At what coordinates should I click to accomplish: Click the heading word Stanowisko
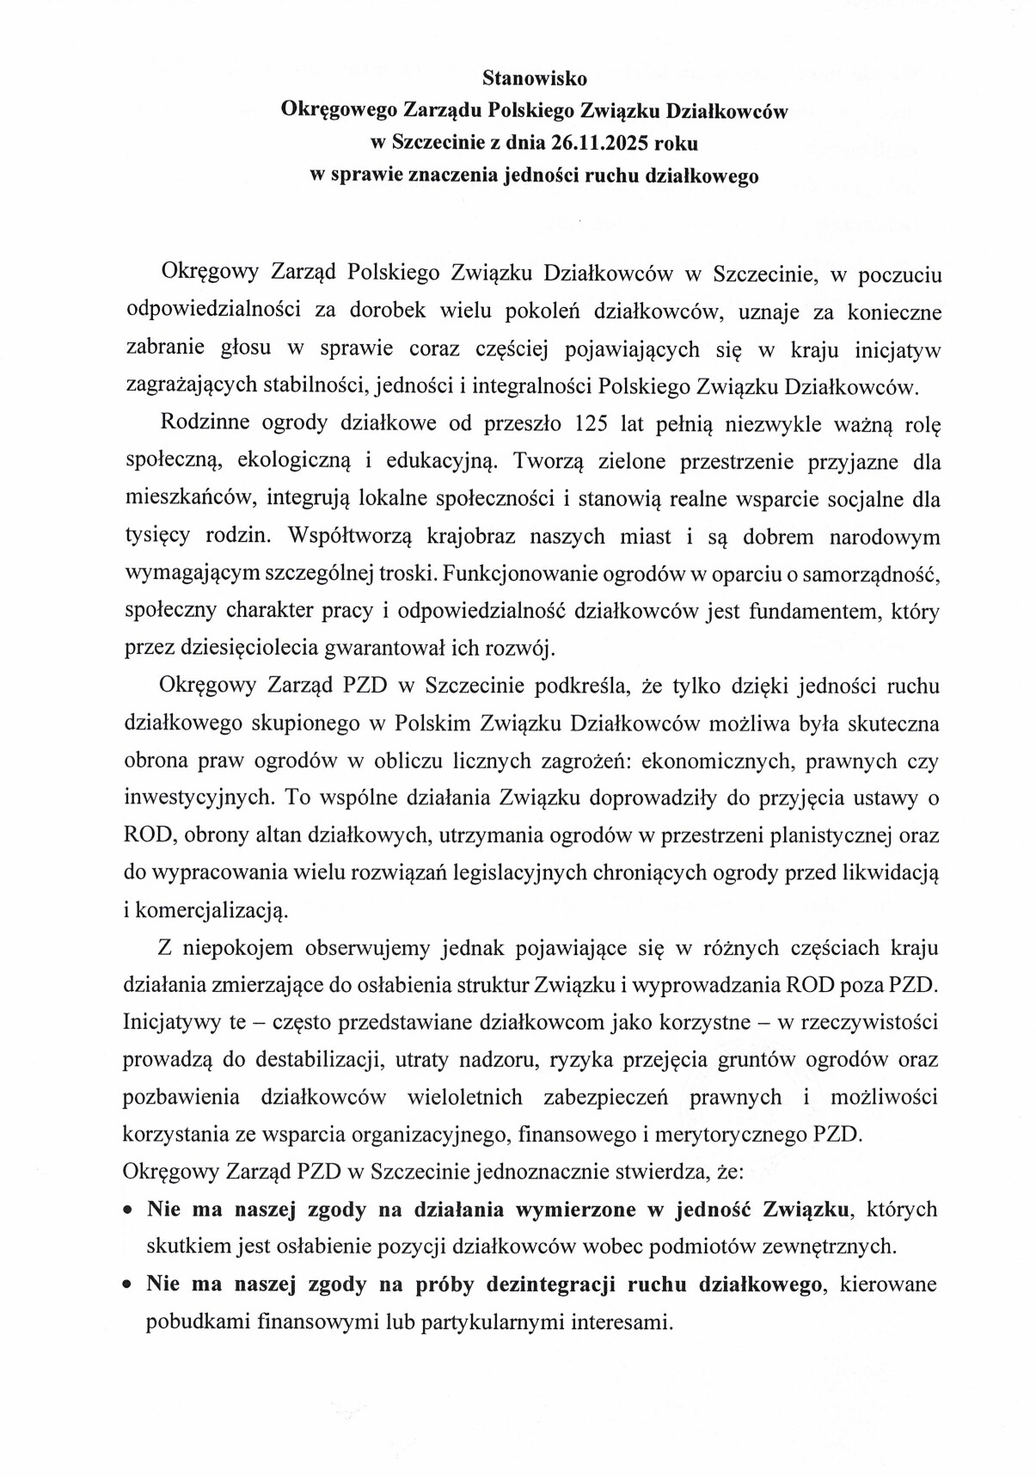[535, 78]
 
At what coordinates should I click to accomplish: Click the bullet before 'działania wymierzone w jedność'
[127, 1210]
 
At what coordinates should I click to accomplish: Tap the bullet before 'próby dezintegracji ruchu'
[127, 1285]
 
